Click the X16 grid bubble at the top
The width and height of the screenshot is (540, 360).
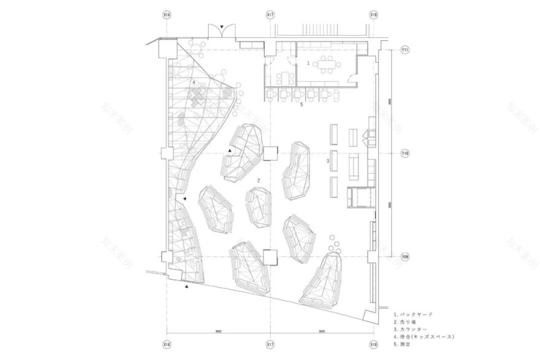pyautogui.click(x=167, y=13)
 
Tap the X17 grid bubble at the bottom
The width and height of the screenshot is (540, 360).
pyautogui.click(x=270, y=346)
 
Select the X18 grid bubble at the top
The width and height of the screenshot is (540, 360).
pyautogui.click(x=374, y=13)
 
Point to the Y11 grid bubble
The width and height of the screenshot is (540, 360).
pyautogui.click(x=405, y=49)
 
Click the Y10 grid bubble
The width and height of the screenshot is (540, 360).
pyautogui.click(x=405, y=153)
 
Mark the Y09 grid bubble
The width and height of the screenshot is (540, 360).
pyautogui.click(x=405, y=256)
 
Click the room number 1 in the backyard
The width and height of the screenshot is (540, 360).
pyautogui.click(x=308, y=63)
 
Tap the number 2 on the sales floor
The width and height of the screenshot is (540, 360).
pyautogui.click(x=260, y=180)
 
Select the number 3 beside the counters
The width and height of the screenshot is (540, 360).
pyautogui.click(x=328, y=161)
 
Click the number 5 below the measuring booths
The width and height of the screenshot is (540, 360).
pyautogui.click(x=301, y=105)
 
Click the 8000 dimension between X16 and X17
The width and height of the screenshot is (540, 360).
pyautogui.click(x=218, y=332)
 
